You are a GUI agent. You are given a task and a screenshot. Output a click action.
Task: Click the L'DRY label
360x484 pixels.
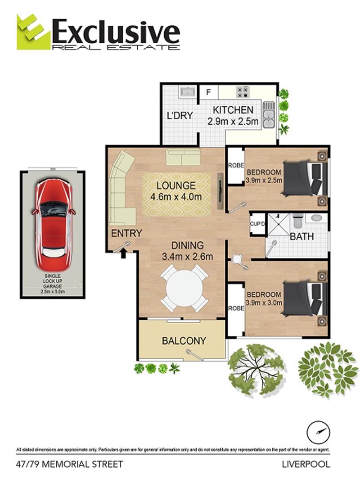[180, 116]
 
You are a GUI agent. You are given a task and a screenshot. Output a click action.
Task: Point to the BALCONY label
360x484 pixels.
[184, 341]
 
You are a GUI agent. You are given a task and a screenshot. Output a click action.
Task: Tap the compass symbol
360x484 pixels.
[319, 433]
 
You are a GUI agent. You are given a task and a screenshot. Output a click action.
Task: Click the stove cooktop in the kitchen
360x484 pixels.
[243, 92]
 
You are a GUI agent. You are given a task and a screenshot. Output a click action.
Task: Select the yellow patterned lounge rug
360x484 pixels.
[176, 195]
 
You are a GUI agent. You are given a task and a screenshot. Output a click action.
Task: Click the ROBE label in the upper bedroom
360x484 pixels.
[235, 165]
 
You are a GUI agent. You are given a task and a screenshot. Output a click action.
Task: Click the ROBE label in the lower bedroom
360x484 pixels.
[235, 308]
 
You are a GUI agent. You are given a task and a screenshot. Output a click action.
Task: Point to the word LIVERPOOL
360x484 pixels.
[306, 464]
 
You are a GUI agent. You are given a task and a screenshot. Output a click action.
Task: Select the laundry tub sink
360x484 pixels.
[186, 92]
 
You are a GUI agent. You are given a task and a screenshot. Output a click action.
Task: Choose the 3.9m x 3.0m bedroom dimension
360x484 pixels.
[264, 303]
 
